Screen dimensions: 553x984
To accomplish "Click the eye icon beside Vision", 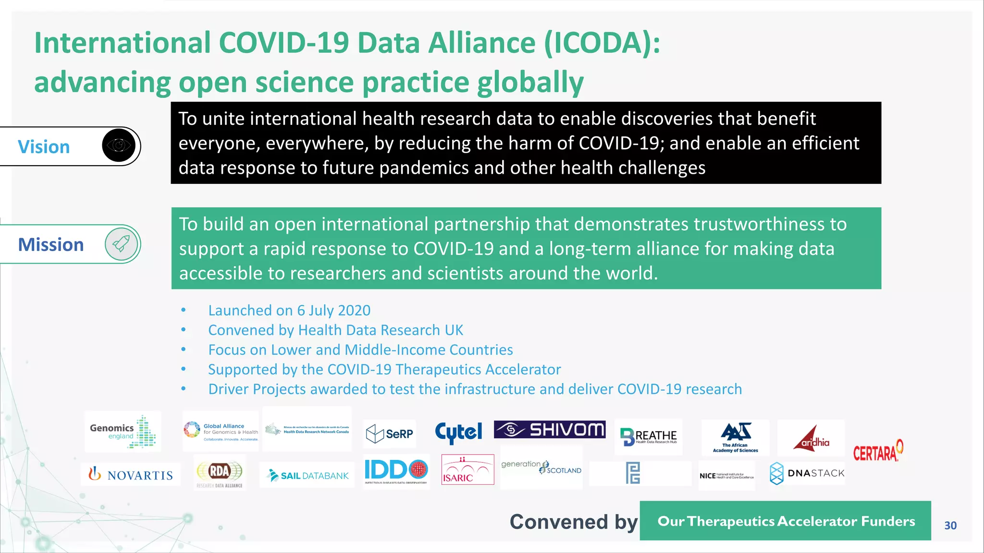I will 119,145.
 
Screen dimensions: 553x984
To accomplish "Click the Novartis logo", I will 131,475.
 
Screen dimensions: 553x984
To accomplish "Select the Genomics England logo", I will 123,432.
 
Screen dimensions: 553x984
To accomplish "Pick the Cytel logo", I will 458,433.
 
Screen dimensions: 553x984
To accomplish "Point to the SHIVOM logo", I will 550,429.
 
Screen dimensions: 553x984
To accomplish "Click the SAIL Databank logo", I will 307,475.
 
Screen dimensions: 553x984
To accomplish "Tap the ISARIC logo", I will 467,469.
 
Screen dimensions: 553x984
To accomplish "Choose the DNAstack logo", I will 807,473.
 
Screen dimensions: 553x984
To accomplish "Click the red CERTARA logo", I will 877,452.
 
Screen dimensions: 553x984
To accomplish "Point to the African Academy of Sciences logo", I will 736,437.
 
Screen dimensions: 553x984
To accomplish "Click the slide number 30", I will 950,526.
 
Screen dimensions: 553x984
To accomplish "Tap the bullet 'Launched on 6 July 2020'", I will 289,311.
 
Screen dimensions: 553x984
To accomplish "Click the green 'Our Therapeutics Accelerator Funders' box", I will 786,521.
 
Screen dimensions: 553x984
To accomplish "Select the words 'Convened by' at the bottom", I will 574,522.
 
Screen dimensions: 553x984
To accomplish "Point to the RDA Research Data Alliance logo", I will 220,474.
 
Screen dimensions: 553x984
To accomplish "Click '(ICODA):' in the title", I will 603,43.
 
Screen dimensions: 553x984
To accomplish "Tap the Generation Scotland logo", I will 541,467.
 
